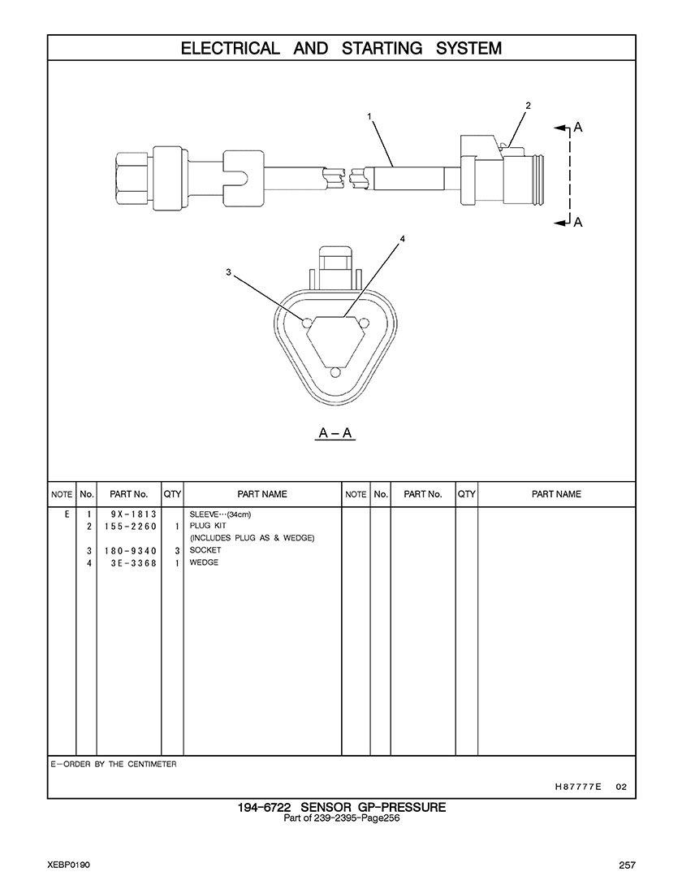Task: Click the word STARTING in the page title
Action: pyautogui.click(x=382, y=49)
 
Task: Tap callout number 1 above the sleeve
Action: pyautogui.click(x=369, y=116)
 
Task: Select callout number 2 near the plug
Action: pyautogui.click(x=528, y=105)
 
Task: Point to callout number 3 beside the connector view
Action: pyautogui.click(x=228, y=272)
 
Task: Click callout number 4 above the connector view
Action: pyautogui.click(x=402, y=239)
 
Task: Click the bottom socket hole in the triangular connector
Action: pyautogui.click(x=335, y=372)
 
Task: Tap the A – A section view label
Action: pyautogui.click(x=335, y=433)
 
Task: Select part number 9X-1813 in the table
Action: pyautogui.click(x=134, y=514)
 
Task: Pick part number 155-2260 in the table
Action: pyautogui.click(x=130, y=527)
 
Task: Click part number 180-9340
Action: pyautogui.click(x=130, y=551)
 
